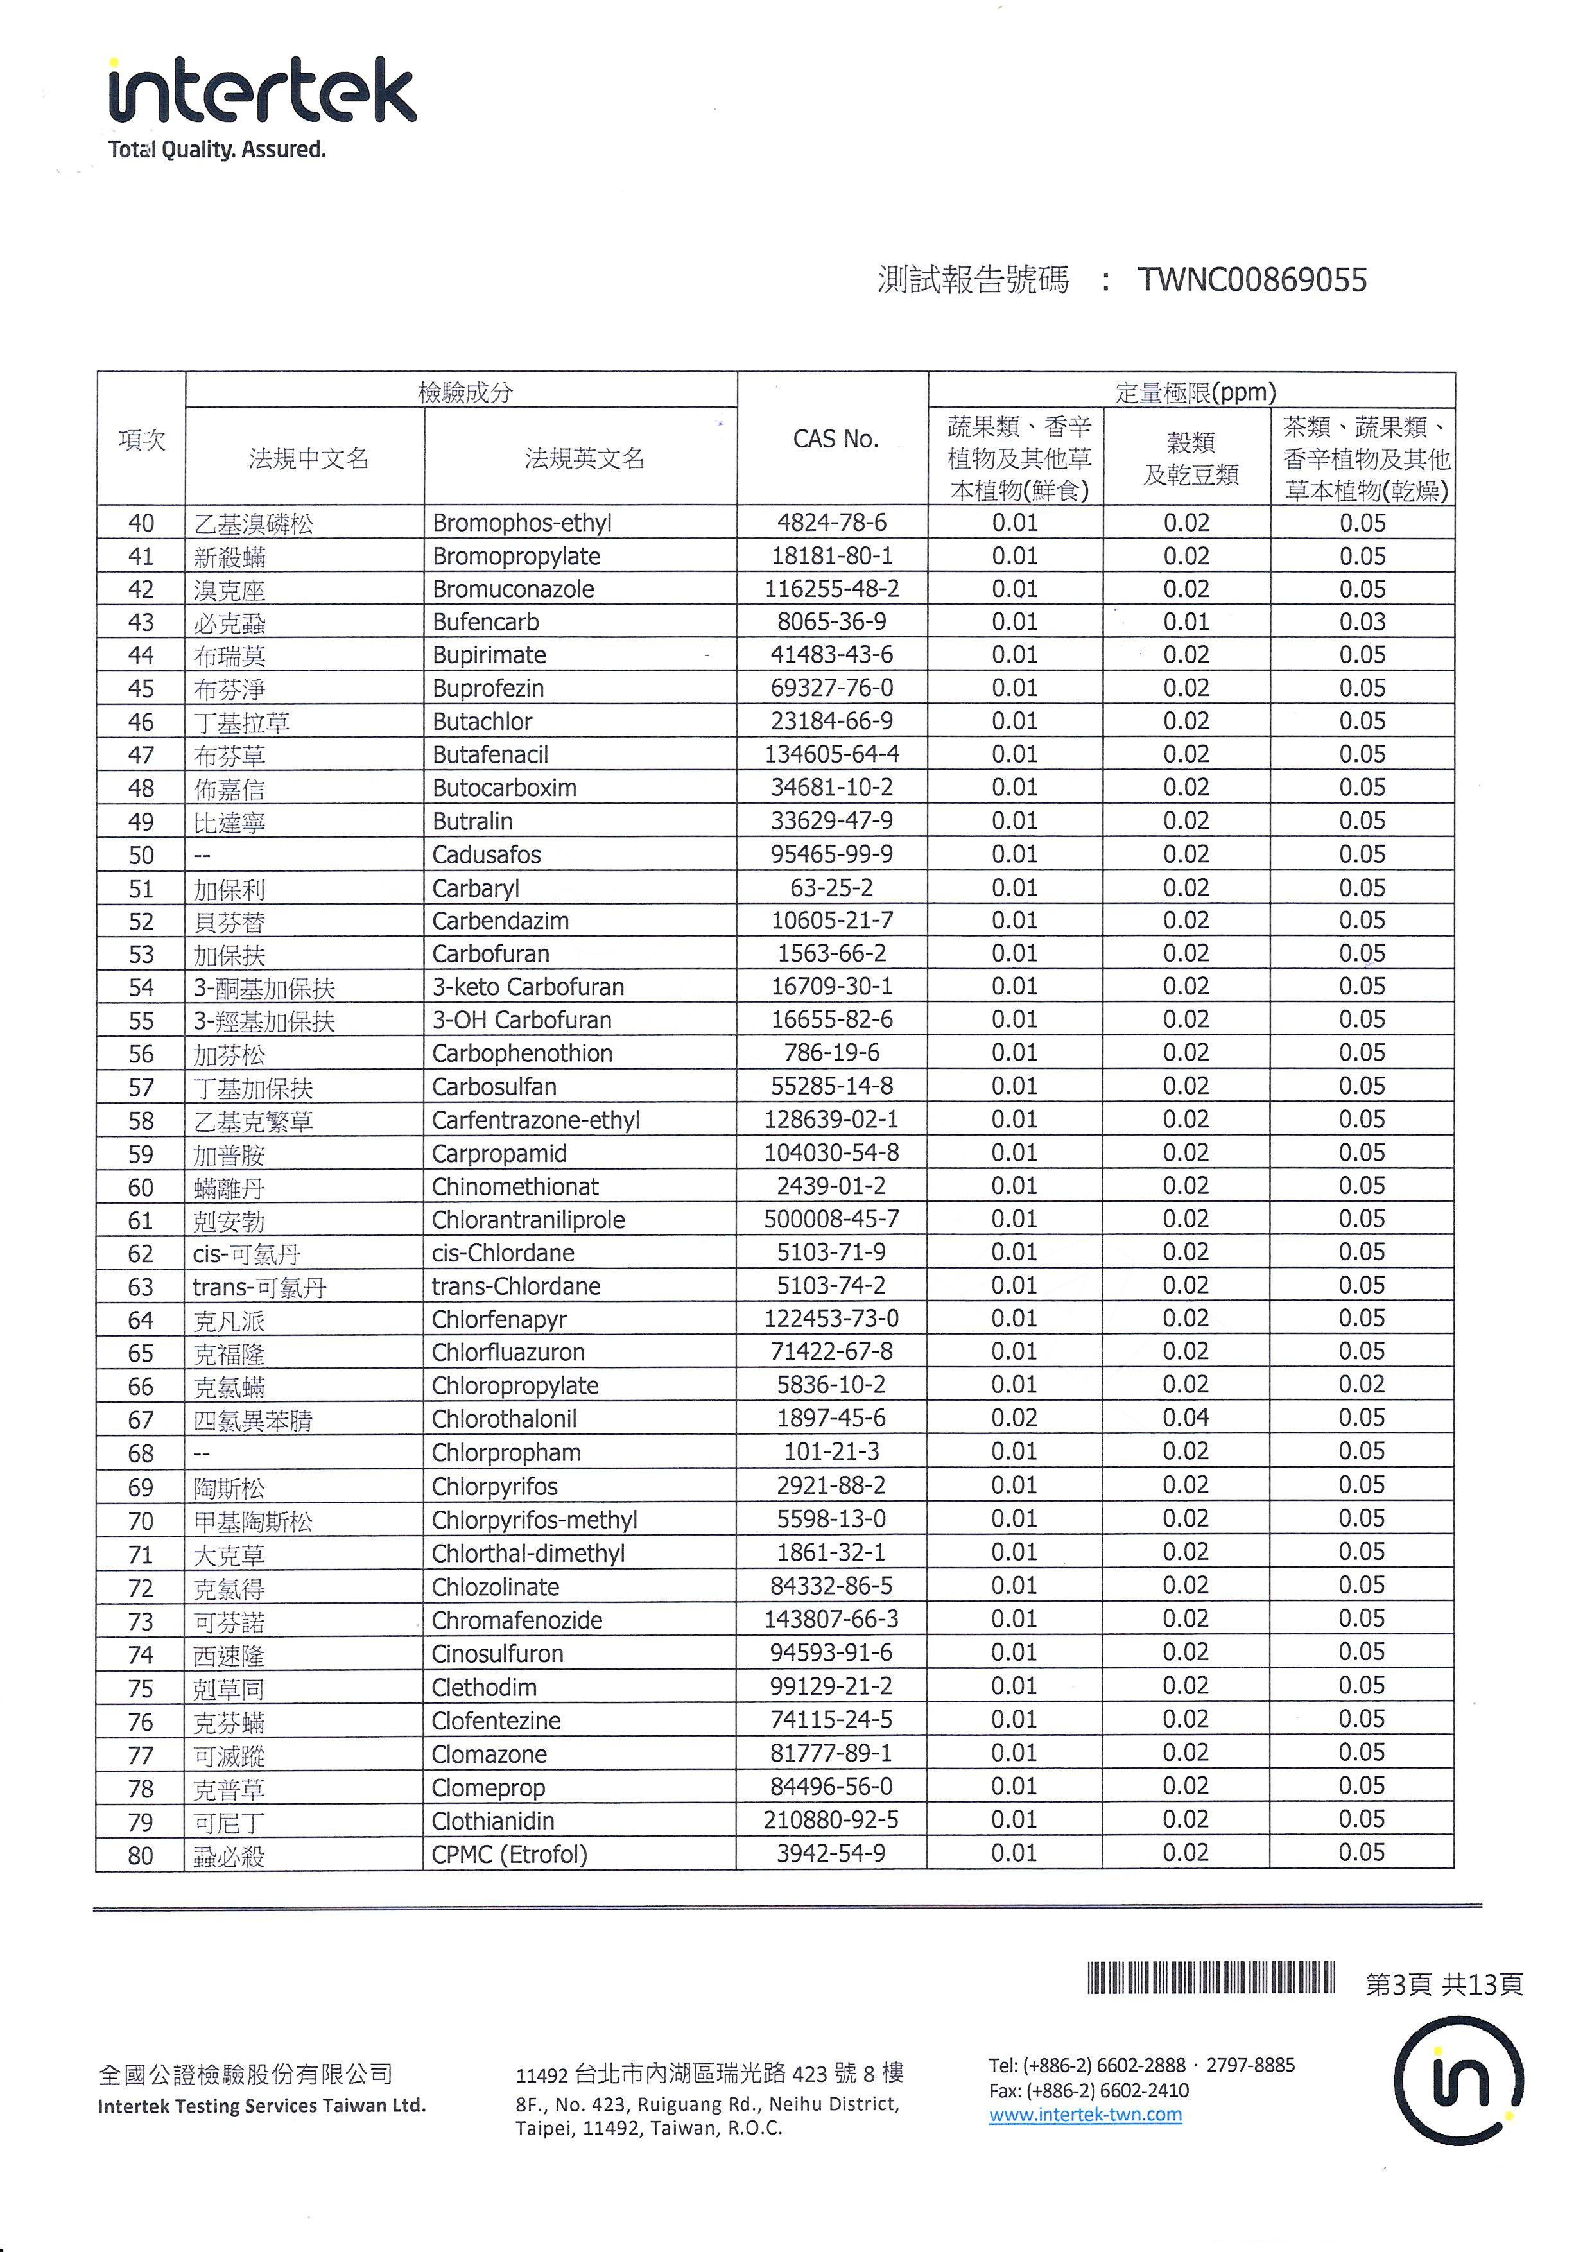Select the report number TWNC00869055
pos(1252,281)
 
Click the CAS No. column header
pos(834,439)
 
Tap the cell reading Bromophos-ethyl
pos(522,523)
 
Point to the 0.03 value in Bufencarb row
pos(1362,622)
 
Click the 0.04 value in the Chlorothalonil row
pos(1186,1417)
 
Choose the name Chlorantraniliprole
pos(528,1219)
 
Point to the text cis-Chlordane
pos(503,1252)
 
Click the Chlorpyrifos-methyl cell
pos(535,1520)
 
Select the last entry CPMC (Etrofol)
pos(509,1855)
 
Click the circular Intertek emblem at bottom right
pos(1458,2081)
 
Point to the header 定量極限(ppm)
pos(1195,392)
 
